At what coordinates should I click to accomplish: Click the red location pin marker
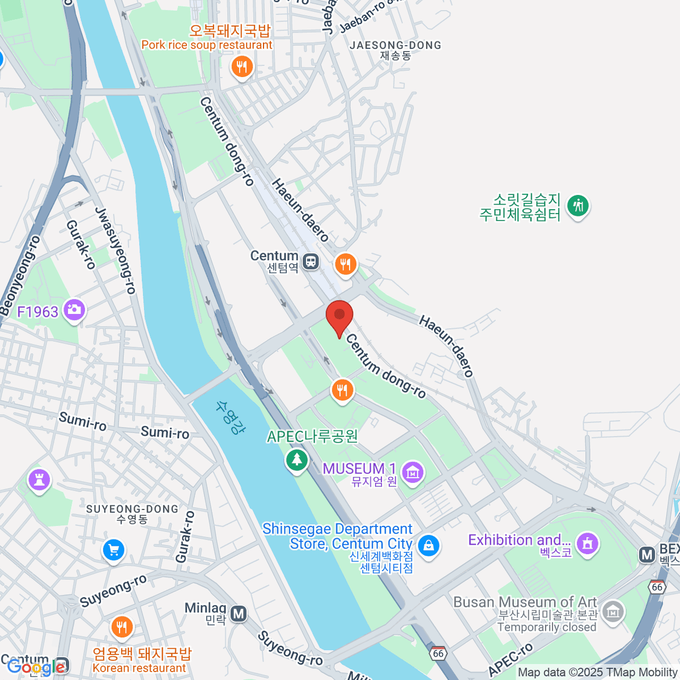(339, 316)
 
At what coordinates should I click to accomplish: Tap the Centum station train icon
(311, 262)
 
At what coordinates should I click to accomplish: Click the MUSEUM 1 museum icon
(413, 471)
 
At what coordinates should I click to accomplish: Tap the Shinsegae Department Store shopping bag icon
(428, 545)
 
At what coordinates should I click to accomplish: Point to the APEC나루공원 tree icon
(296, 459)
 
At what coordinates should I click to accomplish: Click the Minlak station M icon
(239, 613)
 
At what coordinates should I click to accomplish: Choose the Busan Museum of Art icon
(613, 611)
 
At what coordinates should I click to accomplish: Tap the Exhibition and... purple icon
(588, 543)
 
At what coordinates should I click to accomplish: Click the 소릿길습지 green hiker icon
(578, 205)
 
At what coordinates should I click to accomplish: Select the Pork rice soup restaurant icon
(242, 66)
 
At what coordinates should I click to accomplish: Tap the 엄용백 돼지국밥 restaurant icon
(121, 627)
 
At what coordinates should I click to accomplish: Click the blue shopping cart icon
(113, 549)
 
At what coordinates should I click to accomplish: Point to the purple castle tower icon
(39, 480)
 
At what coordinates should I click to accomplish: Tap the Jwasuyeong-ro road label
(116, 250)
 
